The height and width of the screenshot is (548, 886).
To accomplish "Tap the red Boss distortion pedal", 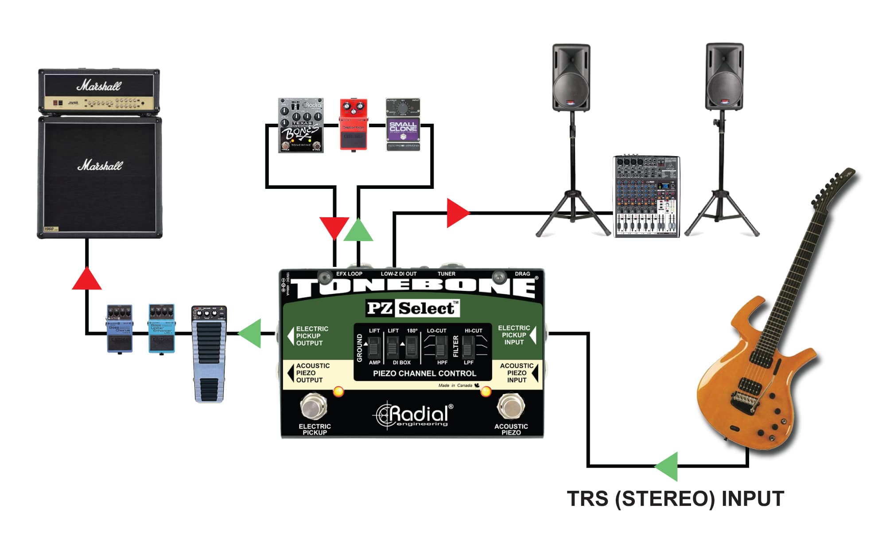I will (354, 125).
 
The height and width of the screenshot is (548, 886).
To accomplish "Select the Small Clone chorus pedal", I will (403, 125).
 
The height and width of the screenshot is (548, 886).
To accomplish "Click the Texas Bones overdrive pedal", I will (301, 125).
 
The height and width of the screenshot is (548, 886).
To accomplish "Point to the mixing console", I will (646, 196).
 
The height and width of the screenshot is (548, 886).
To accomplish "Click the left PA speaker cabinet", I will (571, 78).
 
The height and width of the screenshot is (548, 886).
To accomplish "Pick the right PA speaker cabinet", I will (724, 77).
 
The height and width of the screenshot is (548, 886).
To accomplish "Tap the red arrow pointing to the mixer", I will (457, 213).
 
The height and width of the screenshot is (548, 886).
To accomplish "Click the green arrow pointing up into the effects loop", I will (358, 230).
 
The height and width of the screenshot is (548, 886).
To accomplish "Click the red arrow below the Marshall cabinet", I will (87, 279).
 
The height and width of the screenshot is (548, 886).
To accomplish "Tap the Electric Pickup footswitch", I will (314, 407).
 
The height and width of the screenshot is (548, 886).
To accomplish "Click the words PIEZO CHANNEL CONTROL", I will (424, 373).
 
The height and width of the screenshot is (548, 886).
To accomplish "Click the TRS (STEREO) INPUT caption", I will (676, 499).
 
